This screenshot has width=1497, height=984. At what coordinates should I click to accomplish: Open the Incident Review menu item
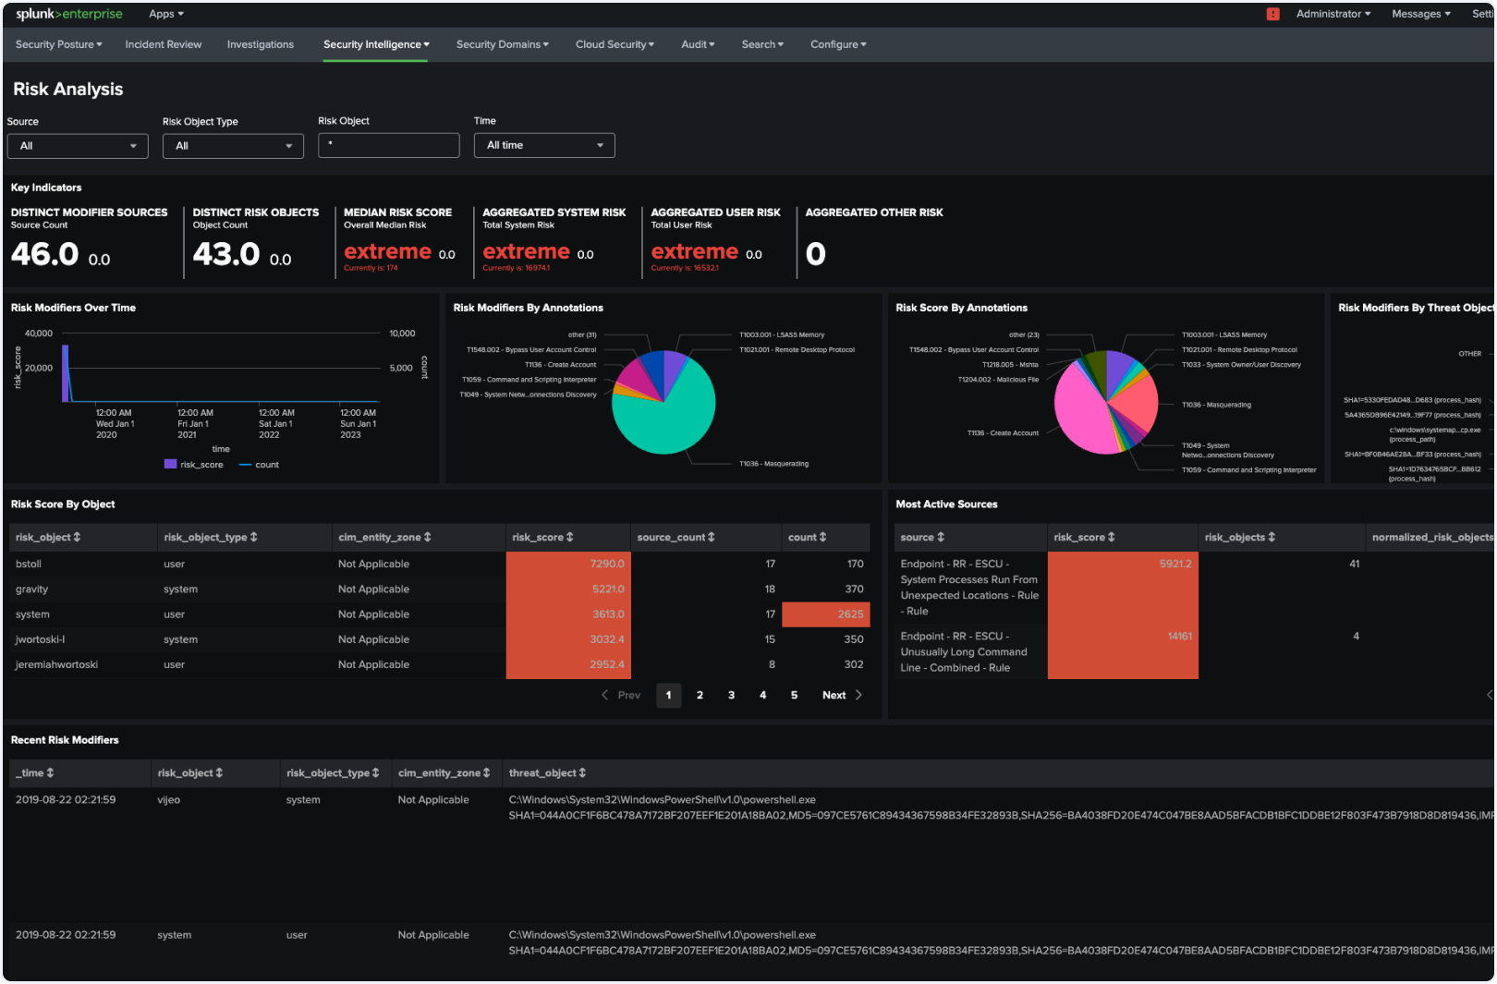coord(163,44)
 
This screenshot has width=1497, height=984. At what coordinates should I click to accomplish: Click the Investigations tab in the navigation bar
coord(260,44)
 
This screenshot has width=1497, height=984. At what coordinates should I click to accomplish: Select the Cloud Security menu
coord(614,44)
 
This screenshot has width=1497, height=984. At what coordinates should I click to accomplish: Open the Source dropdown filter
coord(78,146)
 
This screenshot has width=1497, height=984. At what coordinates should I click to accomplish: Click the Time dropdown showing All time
coord(544,145)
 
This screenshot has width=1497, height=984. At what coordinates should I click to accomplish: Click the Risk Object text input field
coord(388,145)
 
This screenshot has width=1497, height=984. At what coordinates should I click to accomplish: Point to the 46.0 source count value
coord(44,254)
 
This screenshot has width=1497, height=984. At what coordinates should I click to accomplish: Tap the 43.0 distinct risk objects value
coord(226,254)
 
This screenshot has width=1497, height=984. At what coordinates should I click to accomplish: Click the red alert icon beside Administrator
coord(1272,14)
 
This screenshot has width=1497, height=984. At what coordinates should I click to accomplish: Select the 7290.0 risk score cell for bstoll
coord(568,564)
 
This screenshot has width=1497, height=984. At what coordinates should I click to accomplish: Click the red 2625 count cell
coord(826,614)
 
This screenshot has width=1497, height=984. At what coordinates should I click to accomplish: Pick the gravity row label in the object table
coord(32,589)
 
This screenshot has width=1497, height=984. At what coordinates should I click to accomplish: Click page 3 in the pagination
coord(731,695)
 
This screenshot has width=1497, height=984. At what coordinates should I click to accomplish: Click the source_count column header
coord(675,537)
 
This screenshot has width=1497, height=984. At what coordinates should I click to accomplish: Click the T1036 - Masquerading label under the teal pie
coord(773,464)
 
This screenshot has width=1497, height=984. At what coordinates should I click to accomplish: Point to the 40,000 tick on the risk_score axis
coord(39,334)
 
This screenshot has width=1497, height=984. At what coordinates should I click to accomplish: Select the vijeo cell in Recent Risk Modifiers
coord(169,800)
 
